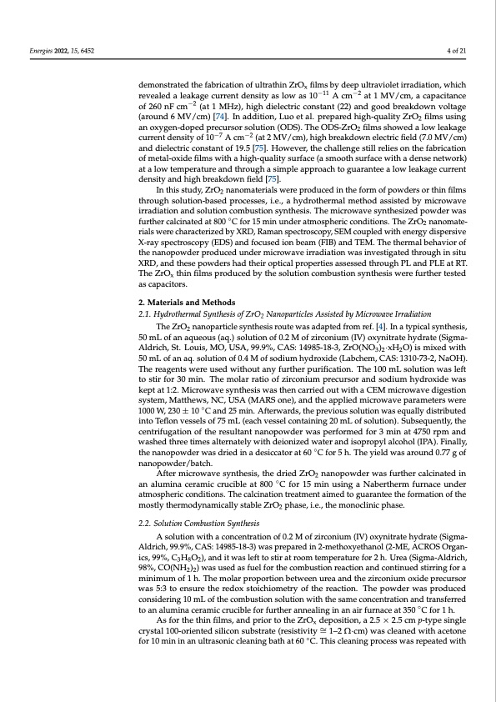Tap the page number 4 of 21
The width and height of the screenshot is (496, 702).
[456, 50]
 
